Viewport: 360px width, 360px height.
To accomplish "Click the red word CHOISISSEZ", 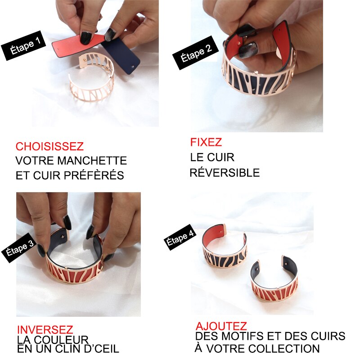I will click(x=49, y=147).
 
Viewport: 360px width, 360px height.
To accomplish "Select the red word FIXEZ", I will click(x=206, y=143).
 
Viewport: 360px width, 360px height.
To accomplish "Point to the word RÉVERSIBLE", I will click(x=225, y=173).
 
